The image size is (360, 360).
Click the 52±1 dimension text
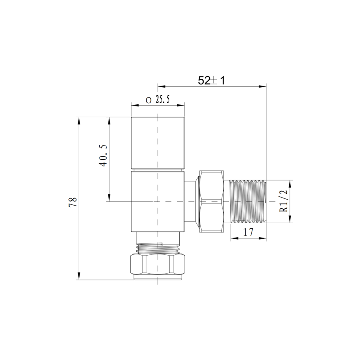click(x=212, y=80)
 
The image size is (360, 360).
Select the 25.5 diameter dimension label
click(x=158, y=100)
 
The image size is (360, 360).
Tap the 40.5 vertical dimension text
click(x=103, y=156)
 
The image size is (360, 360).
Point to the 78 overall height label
click(x=73, y=201)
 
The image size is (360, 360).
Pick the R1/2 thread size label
click(x=283, y=201)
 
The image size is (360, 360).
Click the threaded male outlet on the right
click(x=248, y=201)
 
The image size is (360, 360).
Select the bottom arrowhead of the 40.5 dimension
click(x=108, y=198)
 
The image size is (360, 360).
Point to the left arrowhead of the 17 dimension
click(x=233, y=238)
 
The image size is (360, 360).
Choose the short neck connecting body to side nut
click(x=190, y=201)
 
